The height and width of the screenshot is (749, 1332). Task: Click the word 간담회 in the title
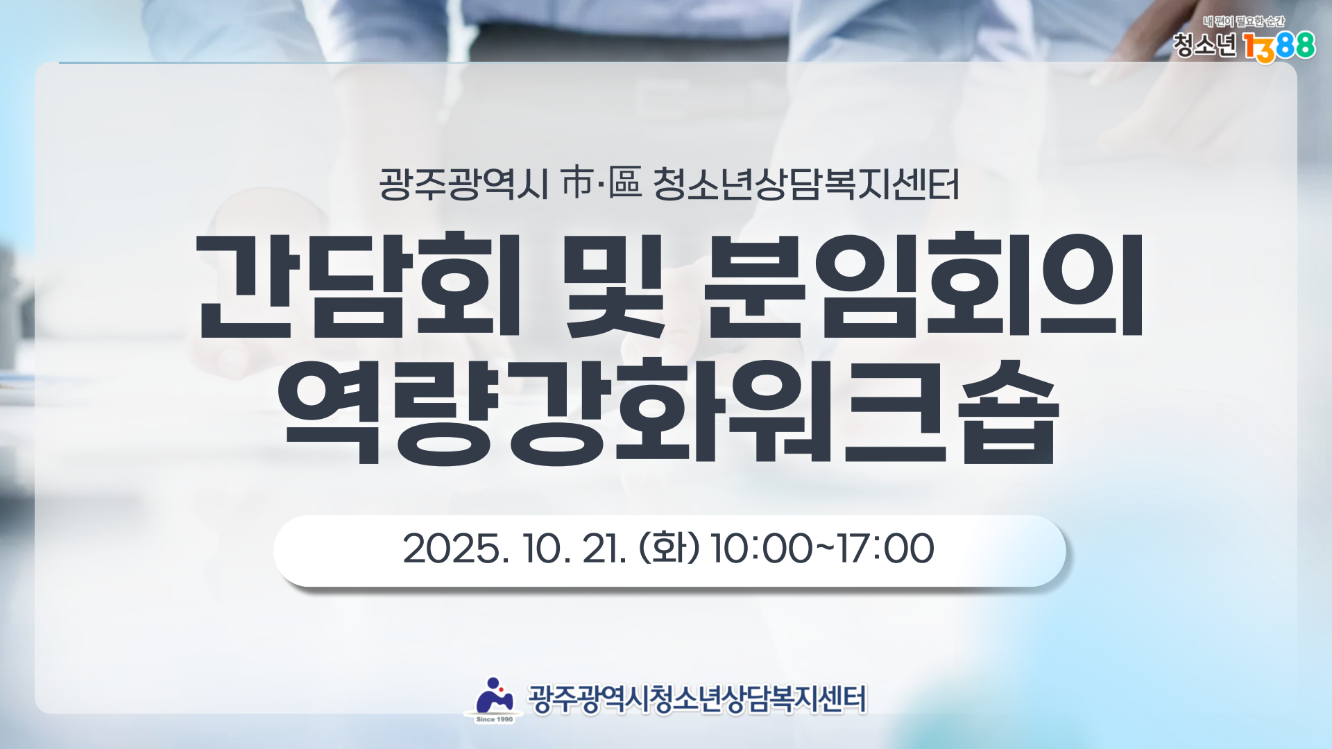tap(359, 285)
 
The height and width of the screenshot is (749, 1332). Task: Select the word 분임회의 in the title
tap(924, 285)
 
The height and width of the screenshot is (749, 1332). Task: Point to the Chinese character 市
tap(577, 184)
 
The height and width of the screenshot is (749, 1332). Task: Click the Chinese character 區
tap(625, 184)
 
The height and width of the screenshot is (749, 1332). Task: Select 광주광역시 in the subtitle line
tap(463, 184)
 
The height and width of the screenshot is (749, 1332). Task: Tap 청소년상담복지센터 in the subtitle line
tap(807, 184)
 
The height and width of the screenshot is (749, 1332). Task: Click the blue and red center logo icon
tap(494, 696)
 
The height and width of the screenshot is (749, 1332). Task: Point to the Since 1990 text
tap(495, 719)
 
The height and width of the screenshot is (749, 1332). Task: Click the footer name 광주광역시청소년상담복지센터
tap(697, 699)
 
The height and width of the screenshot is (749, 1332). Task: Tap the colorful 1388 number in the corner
tap(1279, 47)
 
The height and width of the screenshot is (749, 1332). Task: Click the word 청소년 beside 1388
tap(1205, 46)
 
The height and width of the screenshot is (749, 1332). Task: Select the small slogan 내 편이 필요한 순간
tap(1244, 22)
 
